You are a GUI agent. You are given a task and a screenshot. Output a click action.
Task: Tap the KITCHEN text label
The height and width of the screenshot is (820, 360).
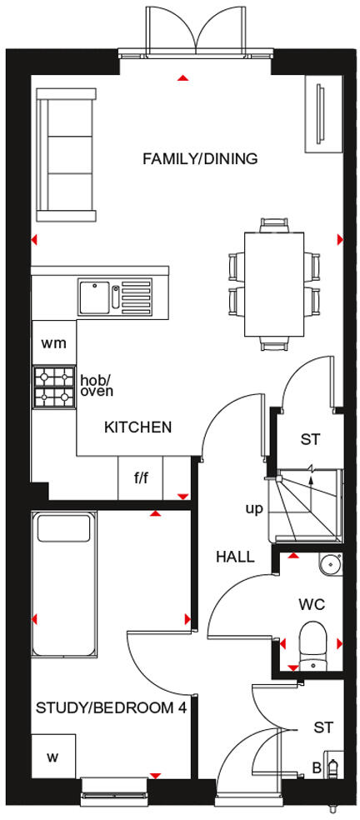tap(137, 427)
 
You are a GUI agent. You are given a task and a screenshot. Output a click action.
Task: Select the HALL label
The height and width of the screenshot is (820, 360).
tap(235, 557)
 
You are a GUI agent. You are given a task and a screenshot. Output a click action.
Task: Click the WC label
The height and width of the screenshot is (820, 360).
tap(313, 603)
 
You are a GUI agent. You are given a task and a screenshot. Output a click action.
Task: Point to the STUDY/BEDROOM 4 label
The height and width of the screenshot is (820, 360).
tap(110, 708)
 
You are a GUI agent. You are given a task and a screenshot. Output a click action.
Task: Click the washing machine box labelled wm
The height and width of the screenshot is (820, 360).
tap(53, 342)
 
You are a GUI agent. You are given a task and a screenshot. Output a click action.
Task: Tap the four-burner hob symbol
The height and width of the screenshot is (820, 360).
tap(53, 387)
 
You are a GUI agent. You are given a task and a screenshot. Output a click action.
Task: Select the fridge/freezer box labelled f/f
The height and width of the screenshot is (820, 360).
tap(140, 479)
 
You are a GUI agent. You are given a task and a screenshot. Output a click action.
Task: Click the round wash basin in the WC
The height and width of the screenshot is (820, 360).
tap(331, 565)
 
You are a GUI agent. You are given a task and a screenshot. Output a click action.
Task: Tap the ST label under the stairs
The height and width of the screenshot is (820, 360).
tap(310, 439)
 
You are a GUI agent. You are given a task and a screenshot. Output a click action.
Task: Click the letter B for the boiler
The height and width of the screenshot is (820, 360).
tap(317, 767)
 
